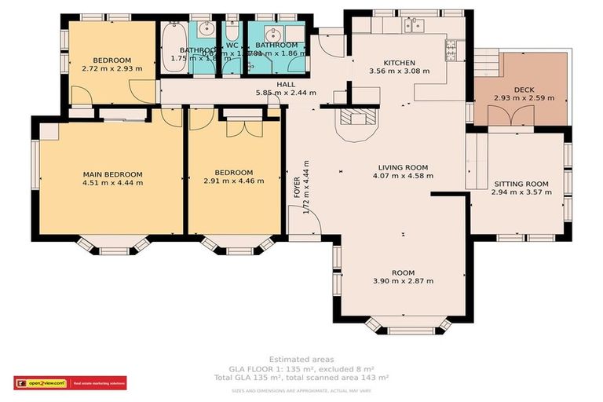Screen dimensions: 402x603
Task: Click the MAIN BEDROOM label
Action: pyautogui.click(x=113, y=174)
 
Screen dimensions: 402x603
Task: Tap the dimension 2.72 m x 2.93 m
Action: pyautogui.click(x=112, y=69)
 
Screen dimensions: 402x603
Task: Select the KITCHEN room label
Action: pyautogui.click(x=399, y=63)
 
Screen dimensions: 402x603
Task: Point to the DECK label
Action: pyautogui.click(x=524, y=90)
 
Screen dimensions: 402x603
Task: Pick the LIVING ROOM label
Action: pyautogui.click(x=402, y=167)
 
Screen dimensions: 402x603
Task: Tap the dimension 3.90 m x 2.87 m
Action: pyautogui.click(x=402, y=281)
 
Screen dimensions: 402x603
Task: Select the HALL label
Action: pyautogui.click(x=286, y=84)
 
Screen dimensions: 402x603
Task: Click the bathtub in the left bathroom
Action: pyautogui.click(x=173, y=36)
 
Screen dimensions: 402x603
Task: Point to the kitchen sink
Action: pyautogui.click(x=414, y=25)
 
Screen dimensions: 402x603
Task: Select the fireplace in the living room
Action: pyautogui.click(x=356, y=120)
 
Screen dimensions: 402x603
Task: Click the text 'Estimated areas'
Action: pyautogui.click(x=301, y=359)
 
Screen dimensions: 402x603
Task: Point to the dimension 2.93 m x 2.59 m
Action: pyautogui.click(x=524, y=99)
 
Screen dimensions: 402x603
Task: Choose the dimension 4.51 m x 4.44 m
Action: pyautogui.click(x=113, y=183)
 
